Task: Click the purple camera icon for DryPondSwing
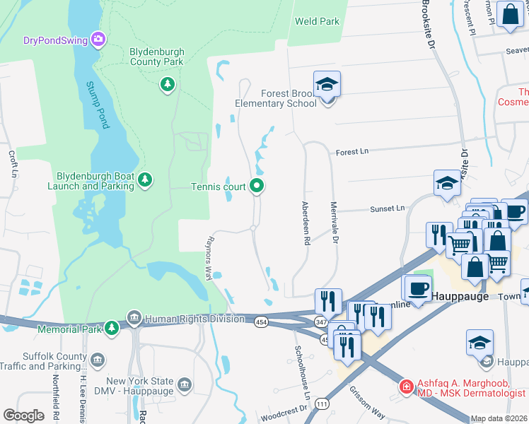(x=99, y=40)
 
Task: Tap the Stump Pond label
(x=98, y=105)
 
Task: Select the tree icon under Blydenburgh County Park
(x=167, y=86)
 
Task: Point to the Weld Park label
(x=317, y=21)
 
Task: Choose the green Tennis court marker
(x=257, y=187)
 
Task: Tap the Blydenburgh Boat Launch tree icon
(x=144, y=181)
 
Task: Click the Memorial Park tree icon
(x=112, y=329)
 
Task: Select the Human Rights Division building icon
(x=134, y=319)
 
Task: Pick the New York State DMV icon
(x=185, y=384)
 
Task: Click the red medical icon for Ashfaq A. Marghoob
(x=407, y=386)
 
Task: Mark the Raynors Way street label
(x=209, y=258)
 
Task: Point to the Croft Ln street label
(x=13, y=163)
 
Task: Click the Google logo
(x=23, y=415)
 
